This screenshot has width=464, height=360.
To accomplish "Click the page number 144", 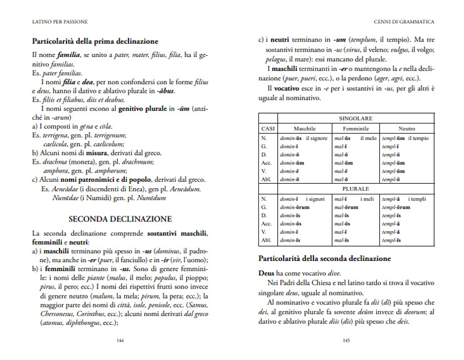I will (x=120, y=341).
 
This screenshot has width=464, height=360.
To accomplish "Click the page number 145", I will (x=345, y=341).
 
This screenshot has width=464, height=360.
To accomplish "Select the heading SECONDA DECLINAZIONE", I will (x=120, y=219).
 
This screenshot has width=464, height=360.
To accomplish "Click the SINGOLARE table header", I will (x=356, y=118).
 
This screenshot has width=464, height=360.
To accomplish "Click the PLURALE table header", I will (x=356, y=188).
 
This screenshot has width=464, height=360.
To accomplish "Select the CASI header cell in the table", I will (x=268, y=128).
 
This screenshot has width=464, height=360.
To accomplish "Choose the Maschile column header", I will (x=304, y=128).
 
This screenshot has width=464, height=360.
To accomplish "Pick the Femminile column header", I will (x=356, y=128).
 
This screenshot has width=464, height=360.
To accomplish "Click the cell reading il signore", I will (x=317, y=138).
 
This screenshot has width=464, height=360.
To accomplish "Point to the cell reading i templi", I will (x=421, y=199).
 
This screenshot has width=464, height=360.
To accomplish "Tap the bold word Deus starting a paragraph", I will (x=268, y=274).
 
